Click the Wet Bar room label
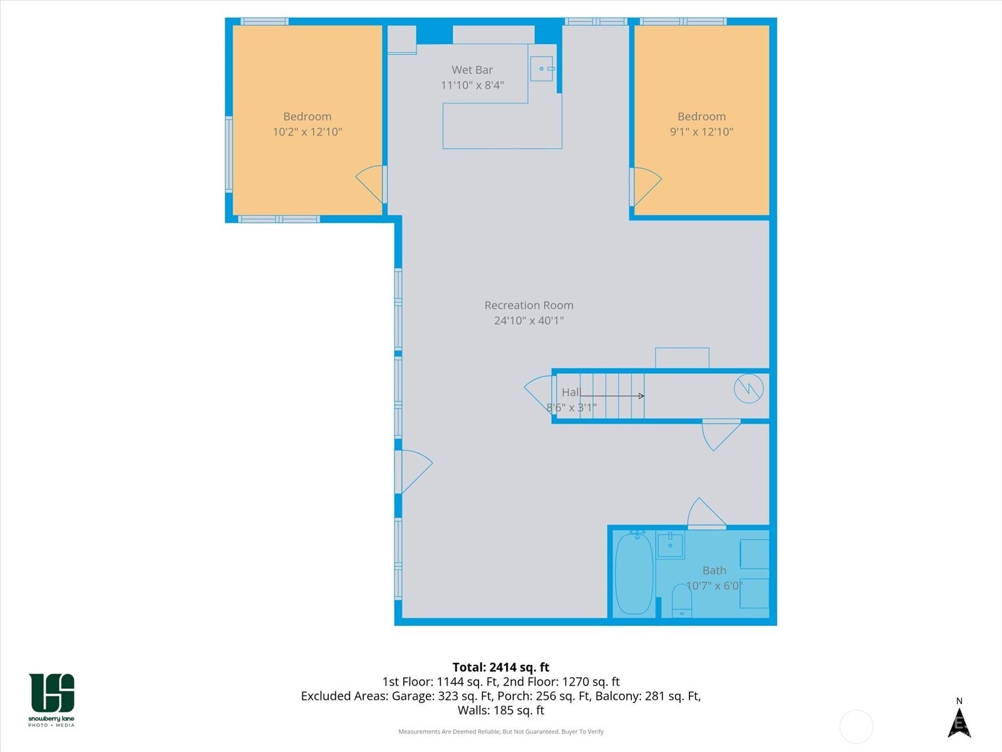point(472,70)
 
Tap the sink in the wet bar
point(542,68)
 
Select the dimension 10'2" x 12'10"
point(307,132)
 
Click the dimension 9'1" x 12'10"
point(701,132)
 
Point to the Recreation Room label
point(529,305)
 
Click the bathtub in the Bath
point(634,573)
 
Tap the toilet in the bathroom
point(681,601)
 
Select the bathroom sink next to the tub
point(670,544)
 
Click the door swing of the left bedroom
point(371,183)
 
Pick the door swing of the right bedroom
point(646,185)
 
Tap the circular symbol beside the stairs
point(748,389)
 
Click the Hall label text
point(571,392)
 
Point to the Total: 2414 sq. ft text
point(501,667)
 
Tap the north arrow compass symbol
point(959,721)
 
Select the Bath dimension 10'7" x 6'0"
point(714,586)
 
